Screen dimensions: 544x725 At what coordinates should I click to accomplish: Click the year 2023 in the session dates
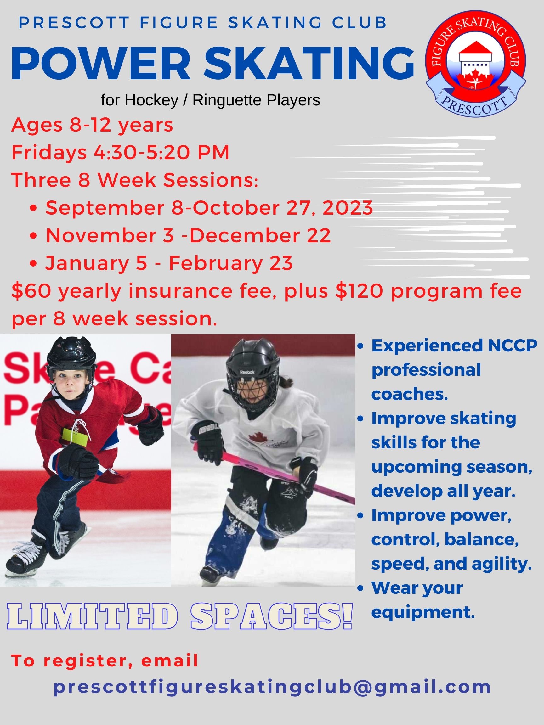pos(348,208)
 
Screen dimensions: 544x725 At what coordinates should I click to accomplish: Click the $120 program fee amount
pos(359,291)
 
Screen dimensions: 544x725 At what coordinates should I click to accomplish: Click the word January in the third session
pos(87,263)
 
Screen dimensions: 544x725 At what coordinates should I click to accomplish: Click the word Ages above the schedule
pos(37,125)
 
